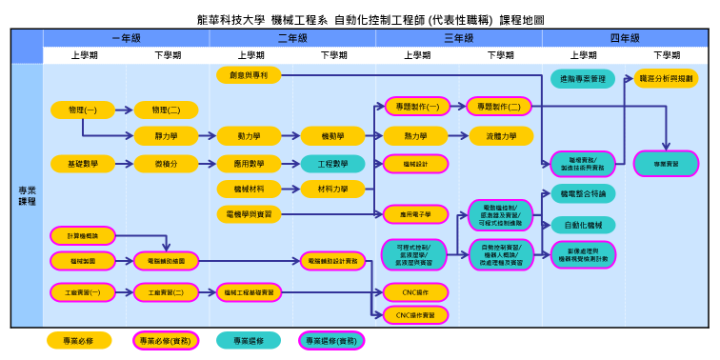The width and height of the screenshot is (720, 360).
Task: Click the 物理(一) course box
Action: click(x=83, y=110)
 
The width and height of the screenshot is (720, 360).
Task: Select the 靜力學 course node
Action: click(x=167, y=135)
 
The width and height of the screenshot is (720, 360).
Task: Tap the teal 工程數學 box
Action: click(x=332, y=164)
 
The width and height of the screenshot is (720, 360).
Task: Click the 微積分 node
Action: click(x=167, y=164)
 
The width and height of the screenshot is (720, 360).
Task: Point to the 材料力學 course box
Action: click(x=332, y=189)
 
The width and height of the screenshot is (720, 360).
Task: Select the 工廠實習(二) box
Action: click(x=167, y=291)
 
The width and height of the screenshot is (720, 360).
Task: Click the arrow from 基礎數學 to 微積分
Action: click(x=125, y=164)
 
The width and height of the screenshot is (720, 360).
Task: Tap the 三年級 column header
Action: click(x=459, y=38)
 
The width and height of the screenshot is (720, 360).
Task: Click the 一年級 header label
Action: click(x=126, y=38)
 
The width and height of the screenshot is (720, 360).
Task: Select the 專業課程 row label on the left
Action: click(x=27, y=196)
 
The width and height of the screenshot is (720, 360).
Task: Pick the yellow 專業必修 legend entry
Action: click(x=83, y=340)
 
